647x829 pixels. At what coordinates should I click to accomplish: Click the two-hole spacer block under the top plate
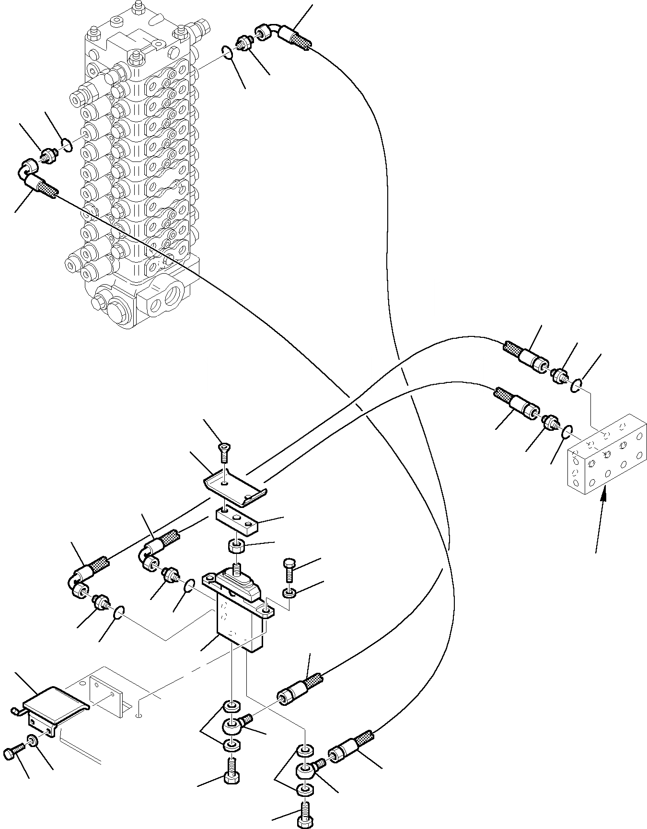tap(237, 522)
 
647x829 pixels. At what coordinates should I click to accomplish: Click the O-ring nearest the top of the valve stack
tap(229, 51)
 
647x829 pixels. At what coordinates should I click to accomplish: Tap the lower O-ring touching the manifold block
tap(566, 431)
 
